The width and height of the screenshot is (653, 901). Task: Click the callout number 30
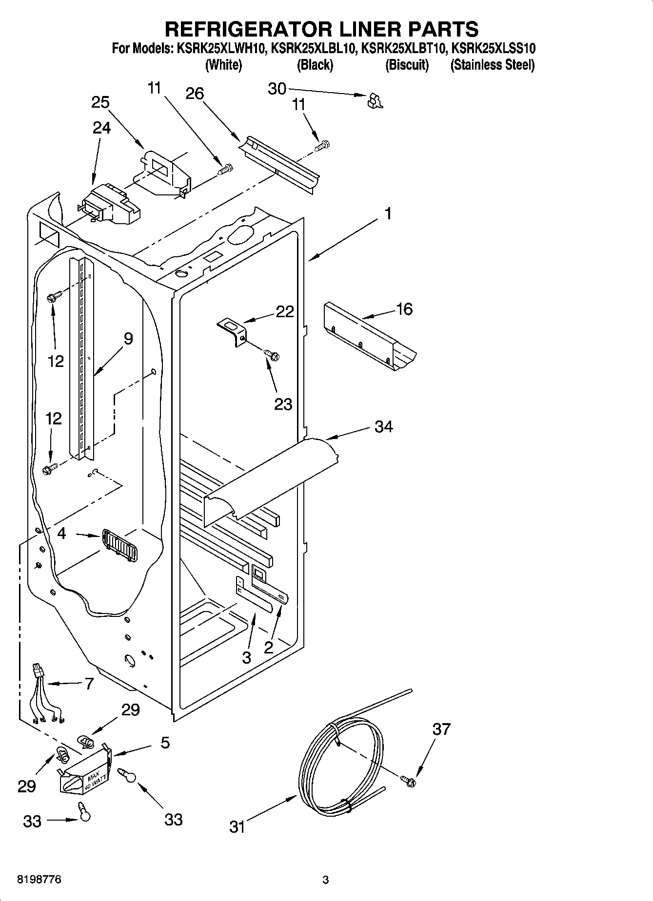277,89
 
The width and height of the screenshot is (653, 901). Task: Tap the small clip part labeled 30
375,100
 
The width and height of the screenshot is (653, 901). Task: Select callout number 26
195,94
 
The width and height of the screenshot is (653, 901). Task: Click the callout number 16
405,309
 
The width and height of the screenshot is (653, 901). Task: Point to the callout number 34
384,426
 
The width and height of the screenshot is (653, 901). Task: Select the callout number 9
128,339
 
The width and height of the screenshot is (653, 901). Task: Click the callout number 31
237,827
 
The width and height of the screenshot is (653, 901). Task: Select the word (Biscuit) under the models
407,65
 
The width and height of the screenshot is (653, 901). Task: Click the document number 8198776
40,880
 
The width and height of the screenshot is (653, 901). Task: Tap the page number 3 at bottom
326,880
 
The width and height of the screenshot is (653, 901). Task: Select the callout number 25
100,102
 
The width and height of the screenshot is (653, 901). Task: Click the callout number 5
165,743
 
